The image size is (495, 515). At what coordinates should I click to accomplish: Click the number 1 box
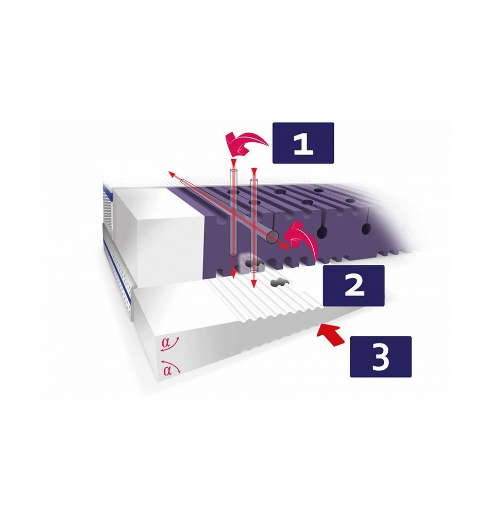click(x=303, y=143)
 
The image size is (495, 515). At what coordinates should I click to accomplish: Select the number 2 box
click(x=354, y=285)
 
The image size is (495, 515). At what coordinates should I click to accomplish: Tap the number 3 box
click(x=381, y=356)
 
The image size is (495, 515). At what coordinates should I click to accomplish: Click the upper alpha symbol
click(x=165, y=343)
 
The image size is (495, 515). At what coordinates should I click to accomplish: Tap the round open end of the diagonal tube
click(x=272, y=237)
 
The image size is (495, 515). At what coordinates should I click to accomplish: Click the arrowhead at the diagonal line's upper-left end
click(x=172, y=174)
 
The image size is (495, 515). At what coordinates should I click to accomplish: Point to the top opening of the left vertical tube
click(x=233, y=171)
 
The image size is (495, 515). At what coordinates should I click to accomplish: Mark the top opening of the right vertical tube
click(x=253, y=180)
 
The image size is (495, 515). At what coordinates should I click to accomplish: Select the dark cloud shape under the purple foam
click(x=254, y=263)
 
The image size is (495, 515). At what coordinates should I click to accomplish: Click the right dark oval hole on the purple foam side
click(x=365, y=229)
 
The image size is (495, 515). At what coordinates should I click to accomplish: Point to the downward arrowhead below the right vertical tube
click(x=253, y=284)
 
